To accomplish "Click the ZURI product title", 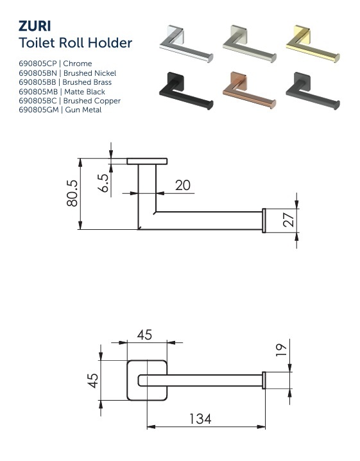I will [35, 26].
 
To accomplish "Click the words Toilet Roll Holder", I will [76, 44].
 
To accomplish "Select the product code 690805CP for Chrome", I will [55, 64].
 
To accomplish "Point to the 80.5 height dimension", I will [72, 193].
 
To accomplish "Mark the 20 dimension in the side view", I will [182, 186].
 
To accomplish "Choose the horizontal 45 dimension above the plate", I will [144, 335].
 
